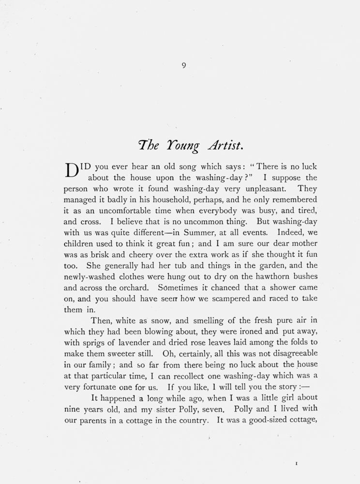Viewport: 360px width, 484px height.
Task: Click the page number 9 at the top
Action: [184, 66]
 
